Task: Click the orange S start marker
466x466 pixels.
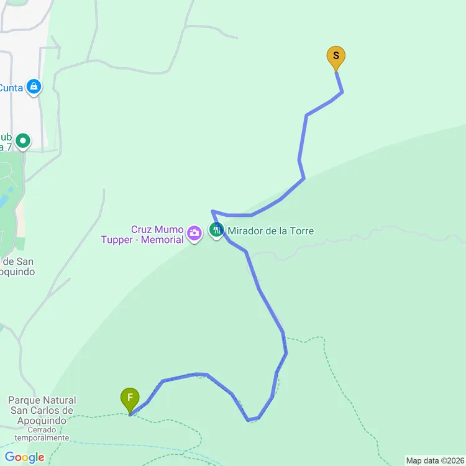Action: [x=336, y=57]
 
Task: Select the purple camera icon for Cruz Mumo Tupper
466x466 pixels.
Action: [x=194, y=234]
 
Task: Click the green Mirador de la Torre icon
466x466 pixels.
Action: [x=216, y=231]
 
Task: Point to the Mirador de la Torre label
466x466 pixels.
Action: [x=270, y=231]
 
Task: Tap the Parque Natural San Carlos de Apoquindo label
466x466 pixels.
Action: [x=42, y=410]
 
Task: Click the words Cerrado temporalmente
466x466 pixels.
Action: [x=42, y=433]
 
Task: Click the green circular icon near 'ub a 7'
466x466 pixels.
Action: [x=24, y=141]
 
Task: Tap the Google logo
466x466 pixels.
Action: [x=25, y=458]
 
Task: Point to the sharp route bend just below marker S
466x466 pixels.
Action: [x=342, y=93]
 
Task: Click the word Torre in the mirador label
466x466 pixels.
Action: [x=301, y=231]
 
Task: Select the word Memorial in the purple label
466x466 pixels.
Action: [x=163, y=240]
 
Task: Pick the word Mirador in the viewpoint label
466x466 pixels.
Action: [x=245, y=231]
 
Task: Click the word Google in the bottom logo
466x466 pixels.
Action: [x=25, y=458]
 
